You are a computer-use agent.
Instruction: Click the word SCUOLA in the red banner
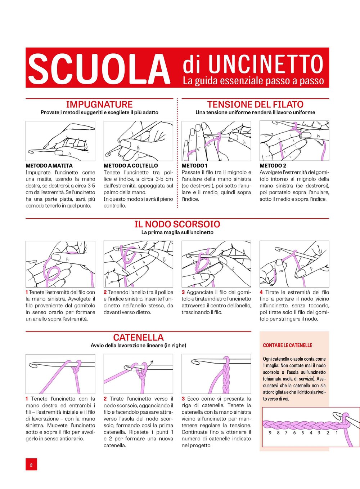click(99, 68)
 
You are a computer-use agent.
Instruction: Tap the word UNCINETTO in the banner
click(266, 64)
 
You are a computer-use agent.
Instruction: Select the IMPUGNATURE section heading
click(99, 105)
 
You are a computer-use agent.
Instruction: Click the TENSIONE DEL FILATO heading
click(255, 105)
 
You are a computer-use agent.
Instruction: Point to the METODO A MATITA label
click(49, 166)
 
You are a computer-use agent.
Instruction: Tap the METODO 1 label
click(194, 166)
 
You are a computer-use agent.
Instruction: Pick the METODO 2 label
click(273, 166)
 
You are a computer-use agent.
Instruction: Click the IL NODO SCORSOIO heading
click(177, 224)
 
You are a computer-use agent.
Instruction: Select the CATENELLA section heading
click(138, 337)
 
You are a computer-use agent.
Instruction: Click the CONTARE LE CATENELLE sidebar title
click(287, 345)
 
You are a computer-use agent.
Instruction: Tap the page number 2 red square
click(31, 465)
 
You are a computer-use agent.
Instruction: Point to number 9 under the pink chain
click(270, 433)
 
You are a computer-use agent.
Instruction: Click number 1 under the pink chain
click(337, 433)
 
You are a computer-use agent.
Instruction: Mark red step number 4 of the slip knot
click(261, 292)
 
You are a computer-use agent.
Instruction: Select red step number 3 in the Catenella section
click(183, 399)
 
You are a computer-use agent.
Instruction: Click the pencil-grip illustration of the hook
click(60, 141)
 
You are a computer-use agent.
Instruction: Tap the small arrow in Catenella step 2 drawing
click(151, 363)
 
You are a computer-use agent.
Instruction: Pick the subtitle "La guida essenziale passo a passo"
click(253, 81)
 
